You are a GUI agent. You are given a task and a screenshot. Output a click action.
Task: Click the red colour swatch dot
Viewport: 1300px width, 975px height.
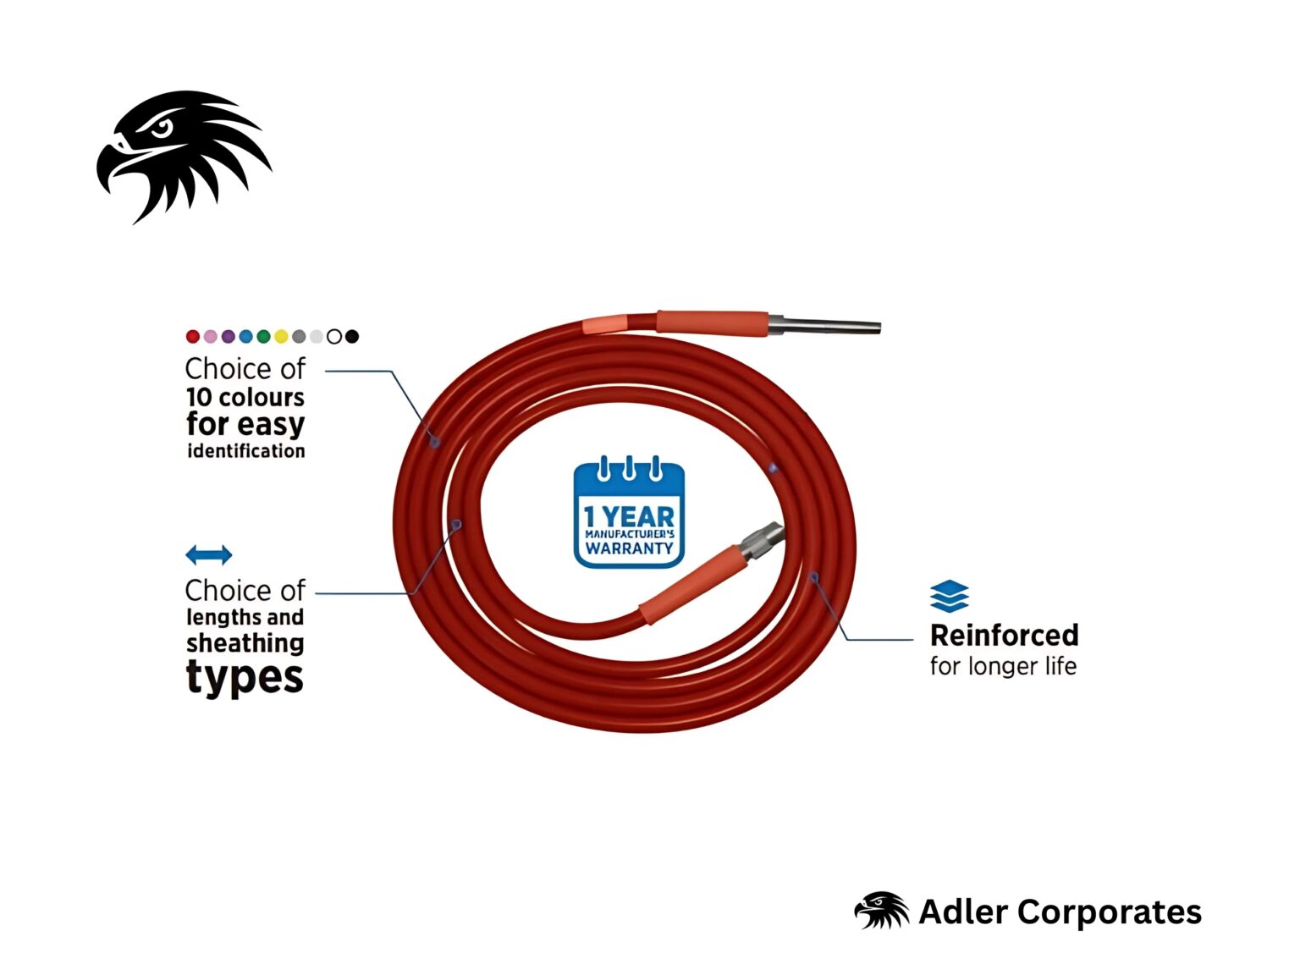tap(193, 337)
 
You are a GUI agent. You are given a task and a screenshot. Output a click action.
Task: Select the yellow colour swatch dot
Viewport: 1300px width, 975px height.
tap(281, 337)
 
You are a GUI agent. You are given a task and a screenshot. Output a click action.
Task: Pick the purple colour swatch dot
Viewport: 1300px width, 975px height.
tap(229, 337)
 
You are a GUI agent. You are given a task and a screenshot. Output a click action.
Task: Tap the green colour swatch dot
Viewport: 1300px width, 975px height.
tap(263, 337)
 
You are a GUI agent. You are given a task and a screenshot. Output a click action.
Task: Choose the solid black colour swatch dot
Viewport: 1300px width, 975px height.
tap(352, 337)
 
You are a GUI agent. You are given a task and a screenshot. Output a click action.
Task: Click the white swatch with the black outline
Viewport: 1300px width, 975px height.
tap(334, 337)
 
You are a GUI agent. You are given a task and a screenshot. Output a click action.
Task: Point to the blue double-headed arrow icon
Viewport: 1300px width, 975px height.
tap(208, 555)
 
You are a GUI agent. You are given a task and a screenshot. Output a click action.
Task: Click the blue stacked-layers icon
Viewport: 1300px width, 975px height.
tap(949, 597)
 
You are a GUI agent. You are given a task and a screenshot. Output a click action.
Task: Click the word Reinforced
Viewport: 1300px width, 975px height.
tap(1004, 636)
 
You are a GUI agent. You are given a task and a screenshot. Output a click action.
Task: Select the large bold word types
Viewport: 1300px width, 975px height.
tap(245, 678)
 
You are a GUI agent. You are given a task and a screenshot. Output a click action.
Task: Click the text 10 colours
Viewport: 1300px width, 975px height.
tap(245, 397)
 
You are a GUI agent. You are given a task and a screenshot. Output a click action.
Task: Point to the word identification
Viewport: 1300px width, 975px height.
tap(246, 451)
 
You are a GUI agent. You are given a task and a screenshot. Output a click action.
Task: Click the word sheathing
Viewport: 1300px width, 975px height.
tap(245, 643)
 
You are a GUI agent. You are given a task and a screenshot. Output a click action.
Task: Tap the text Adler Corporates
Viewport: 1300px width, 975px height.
tap(1060, 912)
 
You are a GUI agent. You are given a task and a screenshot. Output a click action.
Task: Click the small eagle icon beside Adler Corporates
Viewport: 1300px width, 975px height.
tap(881, 911)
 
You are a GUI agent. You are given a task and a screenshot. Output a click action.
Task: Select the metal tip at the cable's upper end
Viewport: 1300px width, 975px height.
tap(825, 326)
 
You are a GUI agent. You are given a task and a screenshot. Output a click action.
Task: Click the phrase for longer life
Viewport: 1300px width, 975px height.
tap(1003, 667)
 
